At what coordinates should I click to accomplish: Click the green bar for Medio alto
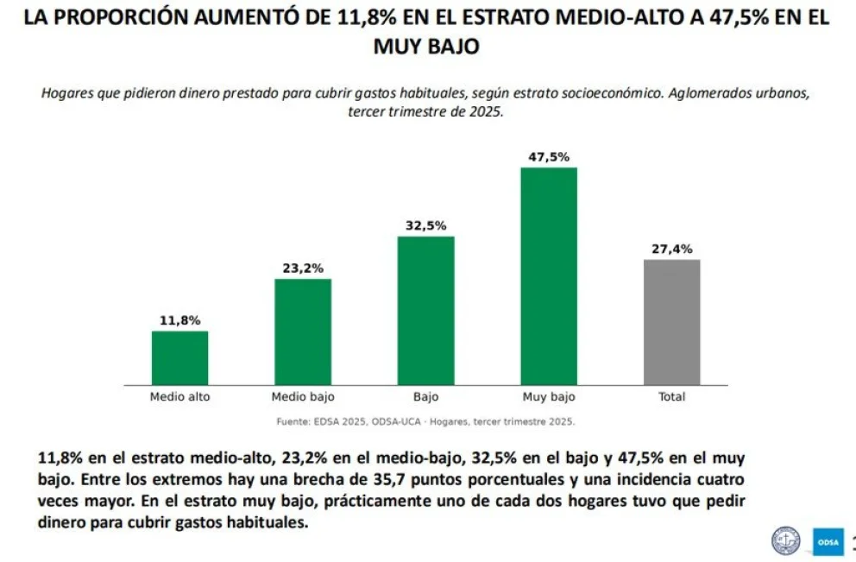tap(179, 357)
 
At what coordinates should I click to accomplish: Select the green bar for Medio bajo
tap(303, 332)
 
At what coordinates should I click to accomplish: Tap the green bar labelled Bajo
tap(425, 311)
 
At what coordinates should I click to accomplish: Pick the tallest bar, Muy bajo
tap(549, 276)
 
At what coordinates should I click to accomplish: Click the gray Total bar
tap(672, 322)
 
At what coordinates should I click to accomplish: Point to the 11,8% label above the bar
tap(180, 320)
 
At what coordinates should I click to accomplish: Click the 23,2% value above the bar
tap(303, 268)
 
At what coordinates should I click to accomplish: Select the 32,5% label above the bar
tap(425, 225)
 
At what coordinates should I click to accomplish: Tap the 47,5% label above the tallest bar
tap(549, 157)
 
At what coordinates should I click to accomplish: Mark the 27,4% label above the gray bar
tap(672, 249)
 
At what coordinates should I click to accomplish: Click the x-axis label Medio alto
tap(180, 397)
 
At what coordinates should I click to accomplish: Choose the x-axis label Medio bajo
tap(303, 397)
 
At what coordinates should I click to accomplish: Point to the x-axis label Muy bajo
tap(549, 397)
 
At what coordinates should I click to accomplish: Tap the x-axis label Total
tap(672, 397)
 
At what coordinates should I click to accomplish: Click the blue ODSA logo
tap(828, 542)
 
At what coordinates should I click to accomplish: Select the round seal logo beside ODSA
tap(785, 541)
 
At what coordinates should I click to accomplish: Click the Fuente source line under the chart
tap(425, 421)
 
